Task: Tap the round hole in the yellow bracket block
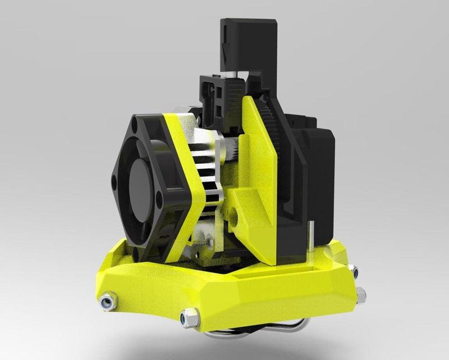coord(232,215)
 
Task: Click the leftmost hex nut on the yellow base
coord(105,303)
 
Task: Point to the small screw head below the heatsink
coord(209,242)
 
